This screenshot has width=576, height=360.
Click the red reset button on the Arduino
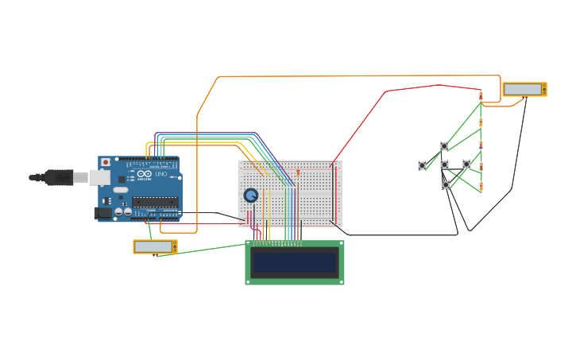tap(106, 162)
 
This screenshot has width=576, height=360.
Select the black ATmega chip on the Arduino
tap(155, 202)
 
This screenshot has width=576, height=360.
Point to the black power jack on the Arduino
tap(102, 212)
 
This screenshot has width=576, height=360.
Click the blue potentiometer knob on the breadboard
tap(251, 195)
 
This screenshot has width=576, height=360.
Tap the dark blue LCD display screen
tap(294, 262)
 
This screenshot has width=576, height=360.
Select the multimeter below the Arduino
tap(155, 246)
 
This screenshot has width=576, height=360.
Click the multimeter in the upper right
tap(524, 89)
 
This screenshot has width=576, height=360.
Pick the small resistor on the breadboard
tap(298, 172)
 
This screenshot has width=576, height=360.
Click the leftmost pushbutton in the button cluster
tap(422, 165)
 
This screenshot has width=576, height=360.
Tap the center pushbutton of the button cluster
tap(444, 165)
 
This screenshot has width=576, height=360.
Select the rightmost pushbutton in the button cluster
tap(466, 165)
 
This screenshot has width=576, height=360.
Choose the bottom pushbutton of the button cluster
tap(446, 184)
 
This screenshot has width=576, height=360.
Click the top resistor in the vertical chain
tap(481, 96)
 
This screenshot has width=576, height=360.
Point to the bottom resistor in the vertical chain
tap(481, 188)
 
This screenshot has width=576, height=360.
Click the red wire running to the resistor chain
tap(387, 91)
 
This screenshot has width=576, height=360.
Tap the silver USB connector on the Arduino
tap(80, 177)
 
